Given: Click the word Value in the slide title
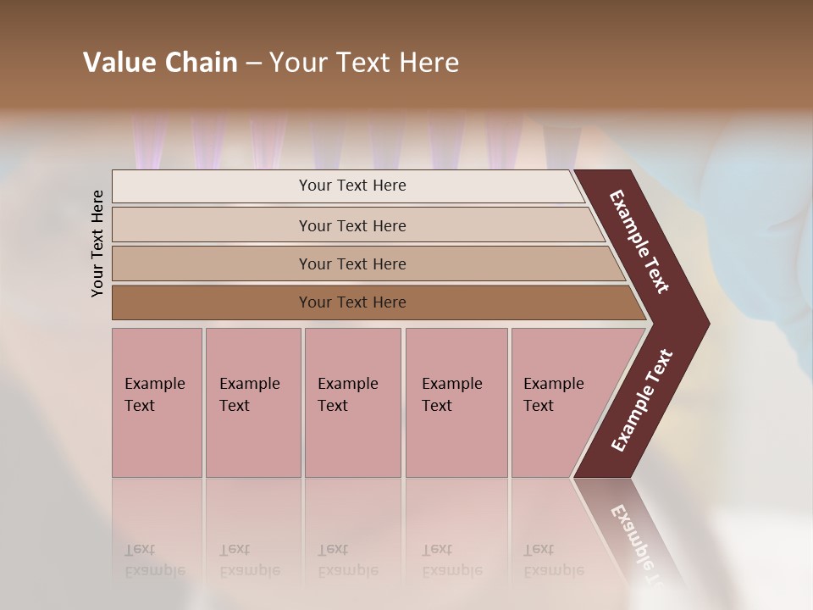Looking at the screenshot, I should pos(118,63).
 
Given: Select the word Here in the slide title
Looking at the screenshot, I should pos(429,63).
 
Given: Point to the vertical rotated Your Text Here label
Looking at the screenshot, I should pos(97,244).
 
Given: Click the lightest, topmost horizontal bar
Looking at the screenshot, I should pos(351,186).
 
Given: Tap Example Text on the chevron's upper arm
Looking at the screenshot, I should pos(639,241).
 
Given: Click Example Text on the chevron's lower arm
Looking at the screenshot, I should pos(641,402).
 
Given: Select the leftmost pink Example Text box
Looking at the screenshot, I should pos(157,402).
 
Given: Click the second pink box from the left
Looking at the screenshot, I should pos(252,402).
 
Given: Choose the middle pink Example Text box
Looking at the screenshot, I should pos(352,402).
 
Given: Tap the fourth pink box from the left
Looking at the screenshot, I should pos(456,402).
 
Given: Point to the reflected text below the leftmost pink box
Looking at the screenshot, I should pos(154,560).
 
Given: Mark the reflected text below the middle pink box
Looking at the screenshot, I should pos(347,560).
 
